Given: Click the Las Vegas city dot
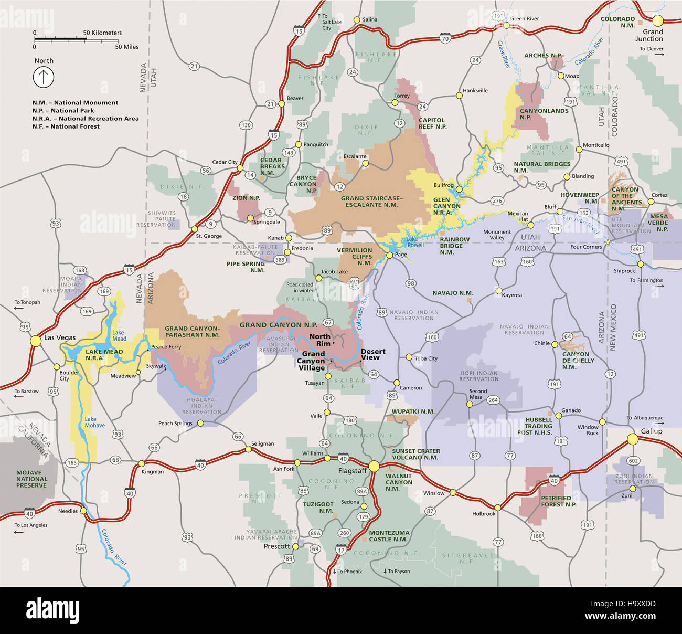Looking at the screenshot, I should (35, 341).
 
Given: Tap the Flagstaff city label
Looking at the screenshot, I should (352, 471).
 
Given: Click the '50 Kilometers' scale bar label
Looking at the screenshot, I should (102, 33).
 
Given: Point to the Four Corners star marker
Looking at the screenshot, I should (608, 242).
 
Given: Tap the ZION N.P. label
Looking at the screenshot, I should (246, 198).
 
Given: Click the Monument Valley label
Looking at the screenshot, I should (497, 235).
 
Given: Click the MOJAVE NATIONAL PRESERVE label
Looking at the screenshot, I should (31, 479).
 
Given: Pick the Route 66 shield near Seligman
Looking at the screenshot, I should (238, 437).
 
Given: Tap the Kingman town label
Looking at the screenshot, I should (153, 472).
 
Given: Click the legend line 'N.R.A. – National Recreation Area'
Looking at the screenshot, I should (86, 119).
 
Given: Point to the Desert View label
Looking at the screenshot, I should (372, 354).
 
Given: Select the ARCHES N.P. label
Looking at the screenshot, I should (543, 56).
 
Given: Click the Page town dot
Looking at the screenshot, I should (389, 255).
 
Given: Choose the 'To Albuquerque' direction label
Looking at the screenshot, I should (645, 418).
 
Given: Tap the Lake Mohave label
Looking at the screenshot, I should (94, 422).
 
